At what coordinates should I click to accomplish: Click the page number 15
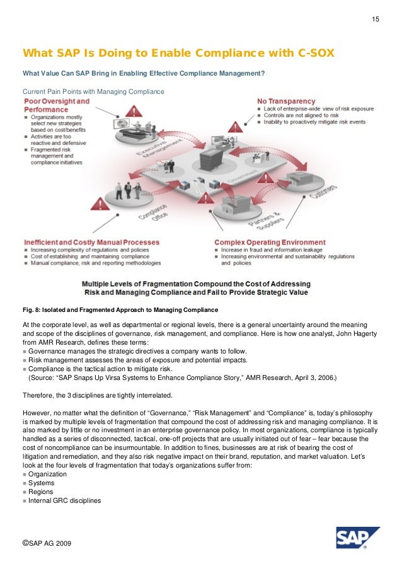(x=375, y=21)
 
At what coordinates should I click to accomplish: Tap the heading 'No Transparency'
(x=285, y=101)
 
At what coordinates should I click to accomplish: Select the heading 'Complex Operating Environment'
(x=270, y=242)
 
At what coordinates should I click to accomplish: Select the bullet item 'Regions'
(x=41, y=491)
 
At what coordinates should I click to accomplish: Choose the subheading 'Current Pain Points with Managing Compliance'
(x=93, y=91)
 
